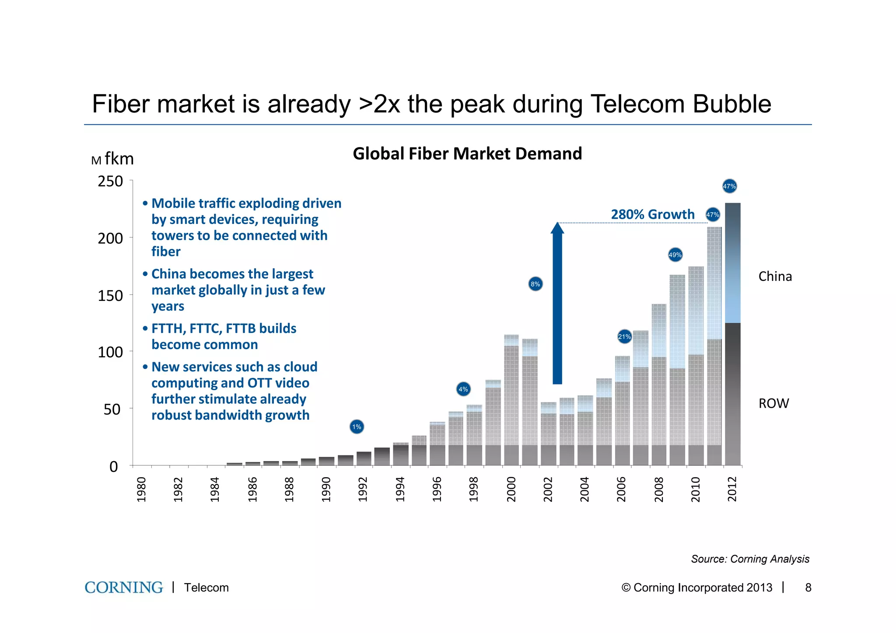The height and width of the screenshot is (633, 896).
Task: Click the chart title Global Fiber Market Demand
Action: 467,154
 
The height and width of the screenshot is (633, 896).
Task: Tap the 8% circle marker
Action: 535,284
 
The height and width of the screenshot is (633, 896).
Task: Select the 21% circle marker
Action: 624,336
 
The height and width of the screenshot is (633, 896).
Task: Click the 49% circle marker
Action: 675,255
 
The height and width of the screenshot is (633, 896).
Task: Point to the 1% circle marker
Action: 357,427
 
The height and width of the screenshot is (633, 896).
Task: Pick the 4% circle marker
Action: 463,389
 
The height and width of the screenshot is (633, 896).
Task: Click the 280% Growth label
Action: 652,214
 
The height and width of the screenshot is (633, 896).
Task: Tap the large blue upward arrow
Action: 557,306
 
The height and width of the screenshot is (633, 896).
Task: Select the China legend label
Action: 775,276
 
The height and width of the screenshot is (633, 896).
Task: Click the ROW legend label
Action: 773,403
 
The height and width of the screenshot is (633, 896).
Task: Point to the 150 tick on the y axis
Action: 110,296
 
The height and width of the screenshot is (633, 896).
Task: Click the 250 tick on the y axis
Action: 110,181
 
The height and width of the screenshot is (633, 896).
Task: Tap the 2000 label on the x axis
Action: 511,490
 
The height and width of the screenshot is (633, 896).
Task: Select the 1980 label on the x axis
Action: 141,490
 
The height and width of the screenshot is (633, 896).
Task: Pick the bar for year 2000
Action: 511,402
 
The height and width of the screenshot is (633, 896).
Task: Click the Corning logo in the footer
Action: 124,587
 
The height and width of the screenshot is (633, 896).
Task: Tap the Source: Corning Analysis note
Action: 750,559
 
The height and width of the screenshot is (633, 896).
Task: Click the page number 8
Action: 808,588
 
